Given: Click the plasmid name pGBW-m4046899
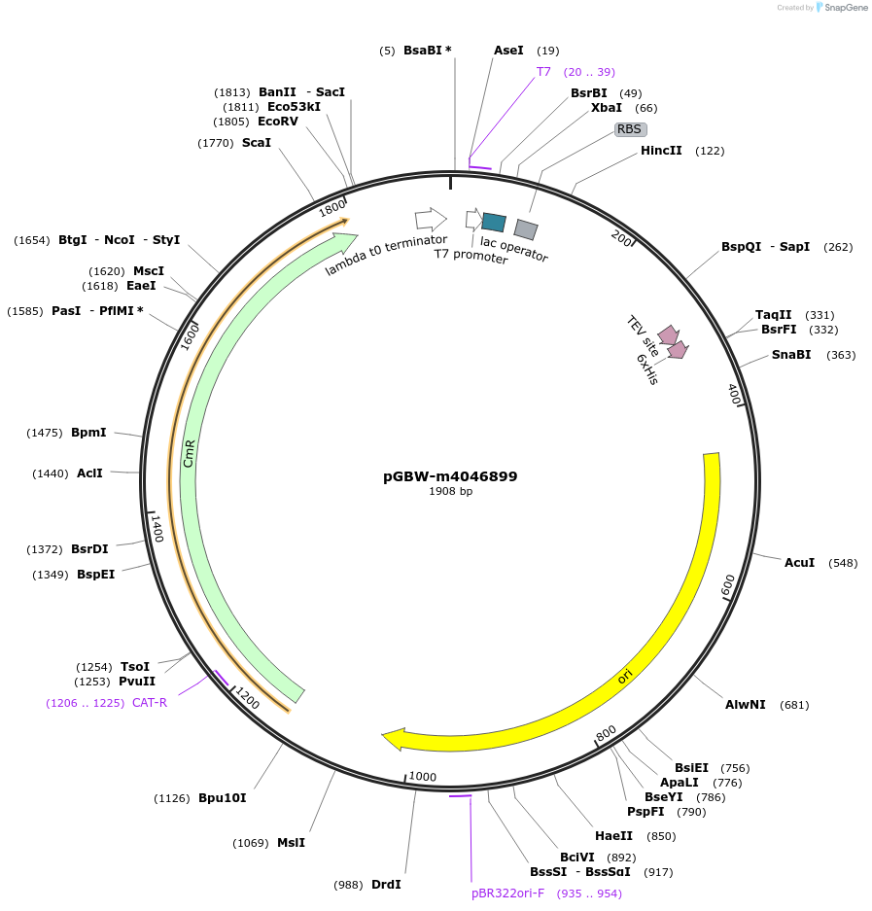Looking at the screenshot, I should (450, 476).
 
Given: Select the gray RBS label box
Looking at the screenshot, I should (630, 128).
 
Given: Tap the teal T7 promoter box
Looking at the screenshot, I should (494, 223).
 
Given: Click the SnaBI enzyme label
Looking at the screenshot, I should (791, 354).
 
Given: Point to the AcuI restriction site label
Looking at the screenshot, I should (799, 562).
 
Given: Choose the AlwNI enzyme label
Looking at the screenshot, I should (746, 704).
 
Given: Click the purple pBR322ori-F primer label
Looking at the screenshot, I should (507, 893).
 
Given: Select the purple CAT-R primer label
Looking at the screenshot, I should (150, 702).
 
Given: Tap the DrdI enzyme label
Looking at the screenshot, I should (386, 884).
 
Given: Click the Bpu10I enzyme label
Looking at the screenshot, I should (223, 798).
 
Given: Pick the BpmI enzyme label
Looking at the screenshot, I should (88, 432).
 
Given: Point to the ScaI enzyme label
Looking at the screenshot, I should (257, 142).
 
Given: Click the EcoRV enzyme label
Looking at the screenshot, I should (278, 122).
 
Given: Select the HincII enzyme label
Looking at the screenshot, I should (661, 151).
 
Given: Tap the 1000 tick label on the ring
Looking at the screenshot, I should (423, 776).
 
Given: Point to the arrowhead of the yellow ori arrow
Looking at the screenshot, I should (392, 740).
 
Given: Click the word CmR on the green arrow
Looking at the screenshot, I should (190, 453).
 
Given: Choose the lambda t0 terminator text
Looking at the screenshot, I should (386, 255).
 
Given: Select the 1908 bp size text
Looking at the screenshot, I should (450, 491).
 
